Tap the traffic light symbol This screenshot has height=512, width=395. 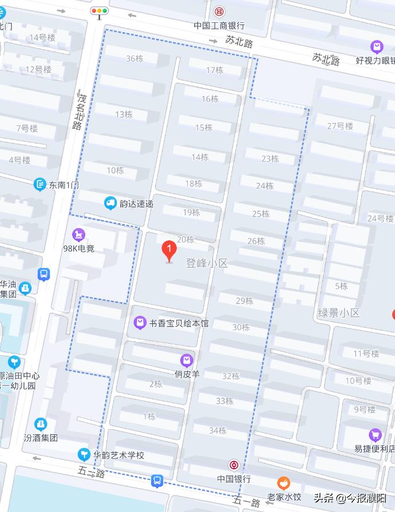point(100,11)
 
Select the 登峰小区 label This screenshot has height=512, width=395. point(207,263)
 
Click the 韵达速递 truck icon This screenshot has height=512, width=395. point(110,203)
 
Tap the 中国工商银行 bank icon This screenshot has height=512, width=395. point(219,12)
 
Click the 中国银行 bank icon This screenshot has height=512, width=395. point(234,465)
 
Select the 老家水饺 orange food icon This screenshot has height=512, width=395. point(283,483)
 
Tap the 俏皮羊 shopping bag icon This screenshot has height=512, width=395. point(186,360)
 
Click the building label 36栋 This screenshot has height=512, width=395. point(135,58)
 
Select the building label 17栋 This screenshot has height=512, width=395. point(215,70)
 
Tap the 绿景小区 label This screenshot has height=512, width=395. point(339,313)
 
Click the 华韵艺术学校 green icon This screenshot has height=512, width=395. point(84,455)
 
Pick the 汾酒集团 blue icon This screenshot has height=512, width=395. point(41,424)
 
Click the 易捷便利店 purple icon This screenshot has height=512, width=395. point(375,435)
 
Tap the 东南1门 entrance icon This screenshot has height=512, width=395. point(39,184)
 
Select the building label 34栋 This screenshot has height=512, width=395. point(218,430)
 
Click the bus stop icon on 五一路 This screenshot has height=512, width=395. point(157,481)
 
